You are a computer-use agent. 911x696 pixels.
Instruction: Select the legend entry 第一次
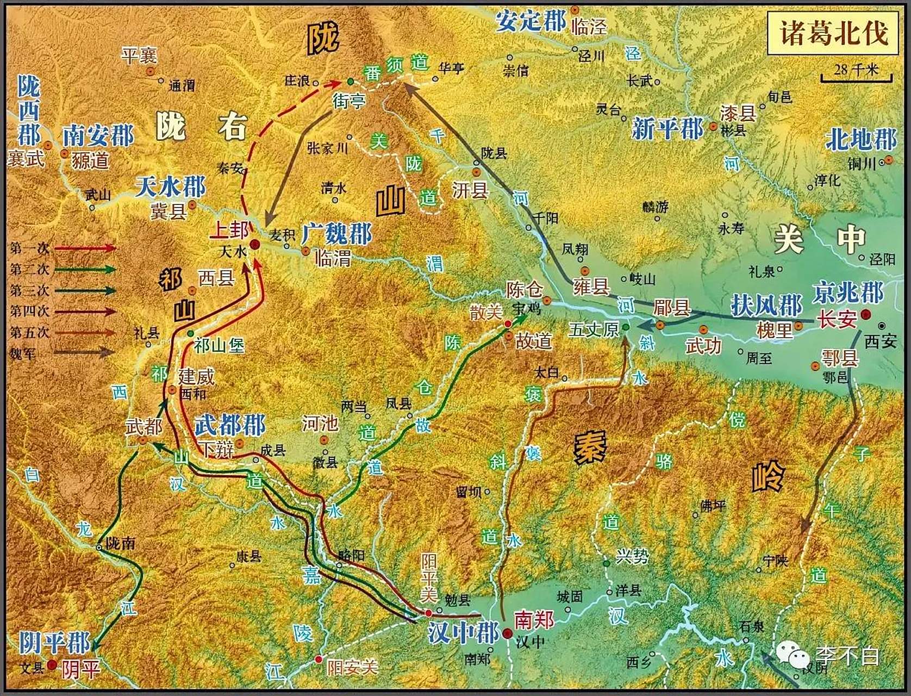30,248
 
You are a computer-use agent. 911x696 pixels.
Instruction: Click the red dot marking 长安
865,314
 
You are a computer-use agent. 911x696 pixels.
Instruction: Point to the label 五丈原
594,329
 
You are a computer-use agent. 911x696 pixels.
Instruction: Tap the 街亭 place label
349,101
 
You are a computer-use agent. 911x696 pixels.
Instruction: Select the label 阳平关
429,577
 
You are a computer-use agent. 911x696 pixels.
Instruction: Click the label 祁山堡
219,345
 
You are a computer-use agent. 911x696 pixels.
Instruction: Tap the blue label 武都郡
229,425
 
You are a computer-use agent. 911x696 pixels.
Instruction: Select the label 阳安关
352,667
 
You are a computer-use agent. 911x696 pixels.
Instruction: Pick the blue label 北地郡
860,140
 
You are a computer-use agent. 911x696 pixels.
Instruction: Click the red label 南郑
534,619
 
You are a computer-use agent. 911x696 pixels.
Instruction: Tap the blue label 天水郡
170,187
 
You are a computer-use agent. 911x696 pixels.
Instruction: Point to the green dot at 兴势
607,563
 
